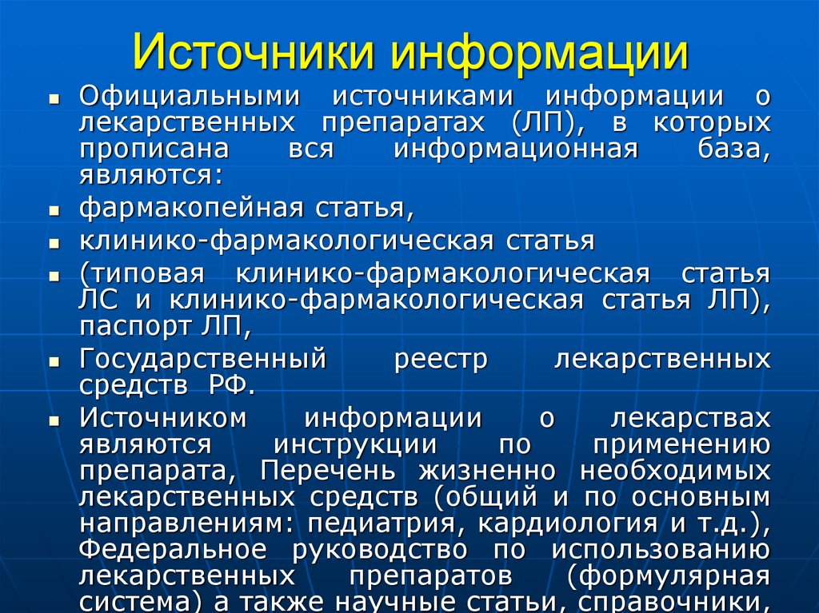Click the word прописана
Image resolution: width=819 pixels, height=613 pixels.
pos(154,149)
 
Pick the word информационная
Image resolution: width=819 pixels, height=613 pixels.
pos(515,149)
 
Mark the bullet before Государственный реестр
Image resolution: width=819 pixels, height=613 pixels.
pos(54,361)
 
